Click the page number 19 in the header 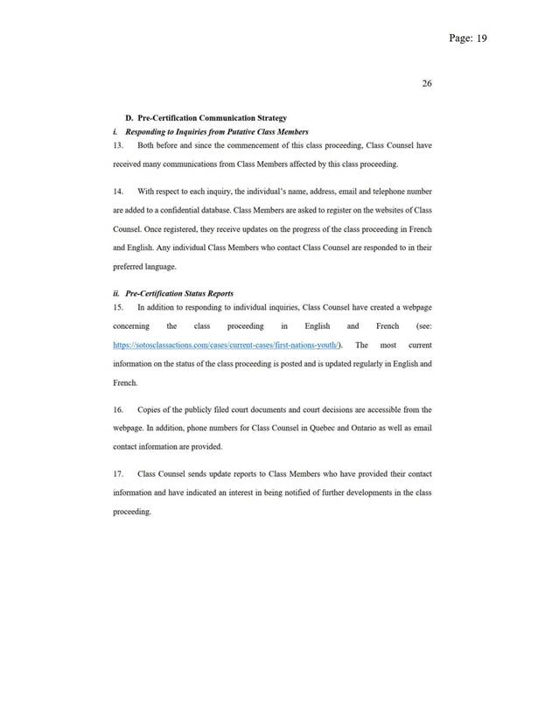click(x=480, y=39)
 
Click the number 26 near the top click(x=427, y=84)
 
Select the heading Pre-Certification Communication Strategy click(x=213, y=117)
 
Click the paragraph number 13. click(x=121, y=146)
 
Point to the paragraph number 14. click(x=121, y=190)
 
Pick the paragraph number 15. click(x=121, y=308)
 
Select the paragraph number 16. click(x=121, y=409)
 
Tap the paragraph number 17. click(x=121, y=473)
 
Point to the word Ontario click(x=360, y=428)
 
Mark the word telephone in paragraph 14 click(x=381, y=190)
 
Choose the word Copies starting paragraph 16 click(x=150, y=409)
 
